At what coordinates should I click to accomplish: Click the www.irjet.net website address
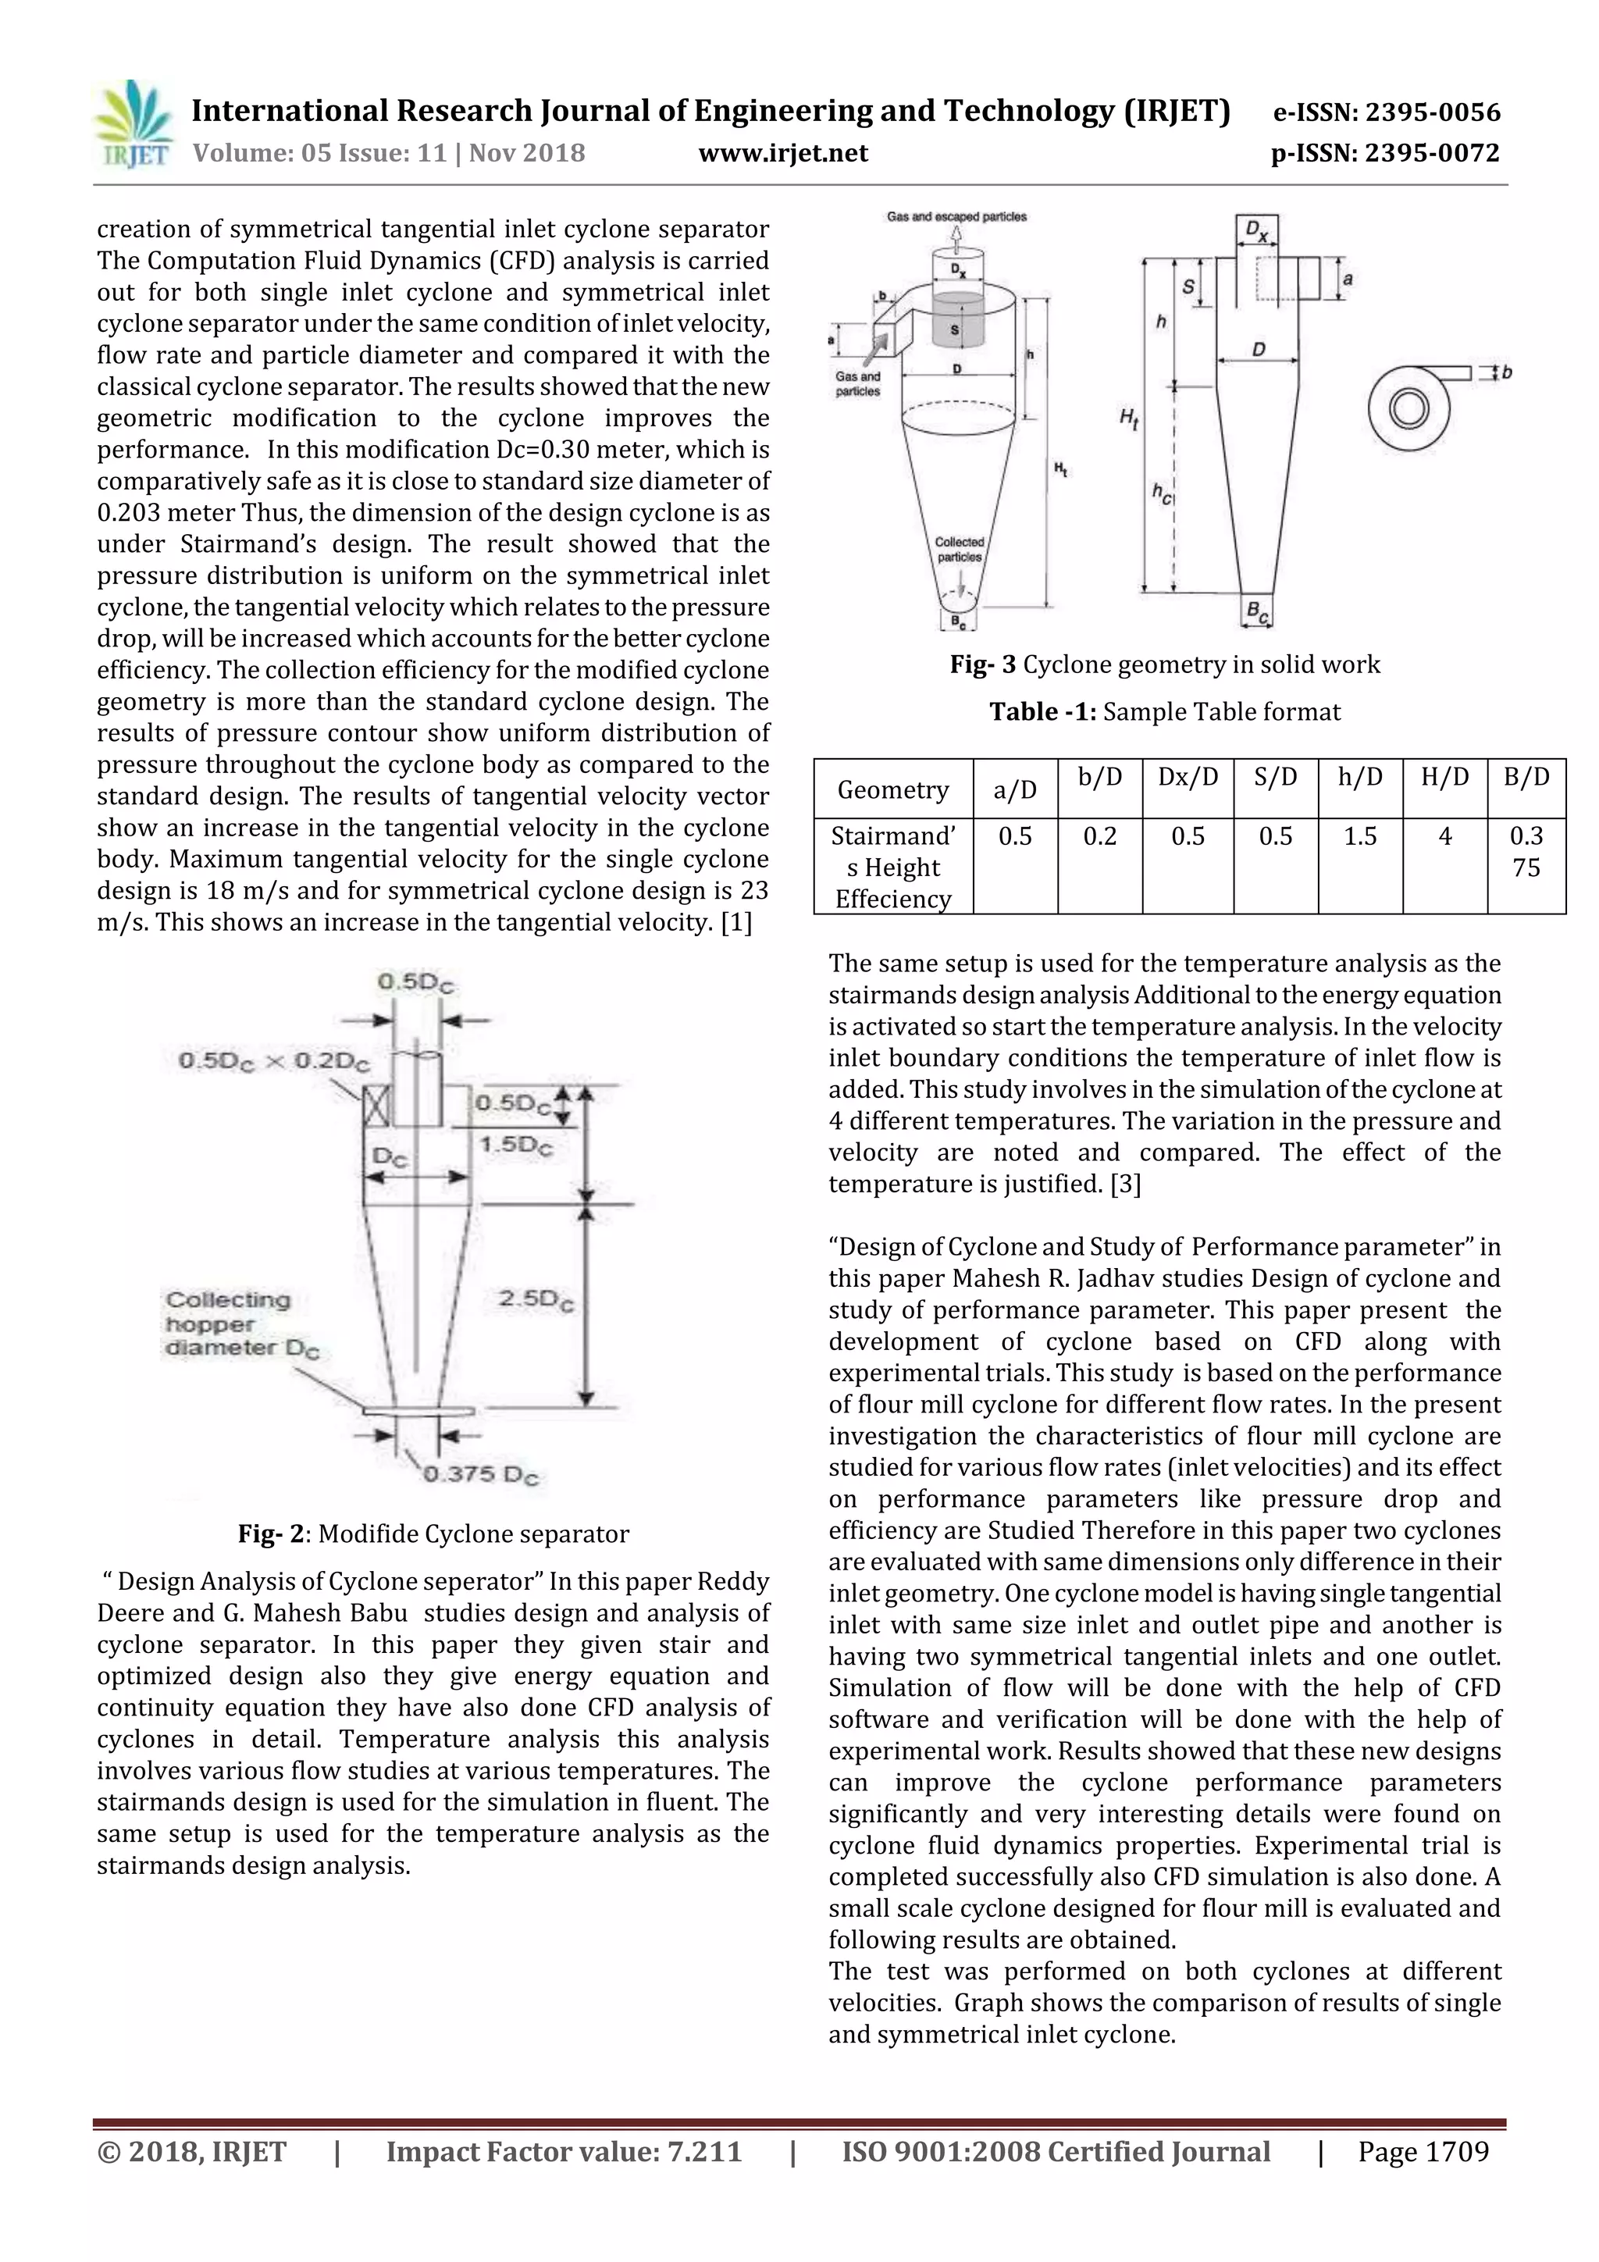tap(783, 153)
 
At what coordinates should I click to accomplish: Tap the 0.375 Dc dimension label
tap(481, 1475)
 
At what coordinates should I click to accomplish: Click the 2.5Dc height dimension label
tap(535, 1299)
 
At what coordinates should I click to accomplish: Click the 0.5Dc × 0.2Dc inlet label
tap(274, 1060)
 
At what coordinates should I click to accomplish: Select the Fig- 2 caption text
tap(433, 1534)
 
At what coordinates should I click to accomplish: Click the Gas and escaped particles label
tap(956, 217)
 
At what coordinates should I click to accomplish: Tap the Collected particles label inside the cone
tap(959, 550)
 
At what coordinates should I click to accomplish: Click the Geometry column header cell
tap(892, 789)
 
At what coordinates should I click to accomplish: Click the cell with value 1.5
tap(1359, 836)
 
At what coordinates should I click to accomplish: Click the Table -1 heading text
tap(1165, 712)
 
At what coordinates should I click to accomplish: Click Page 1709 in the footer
tap(1423, 2152)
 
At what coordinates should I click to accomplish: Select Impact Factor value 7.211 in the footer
tap(564, 2152)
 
